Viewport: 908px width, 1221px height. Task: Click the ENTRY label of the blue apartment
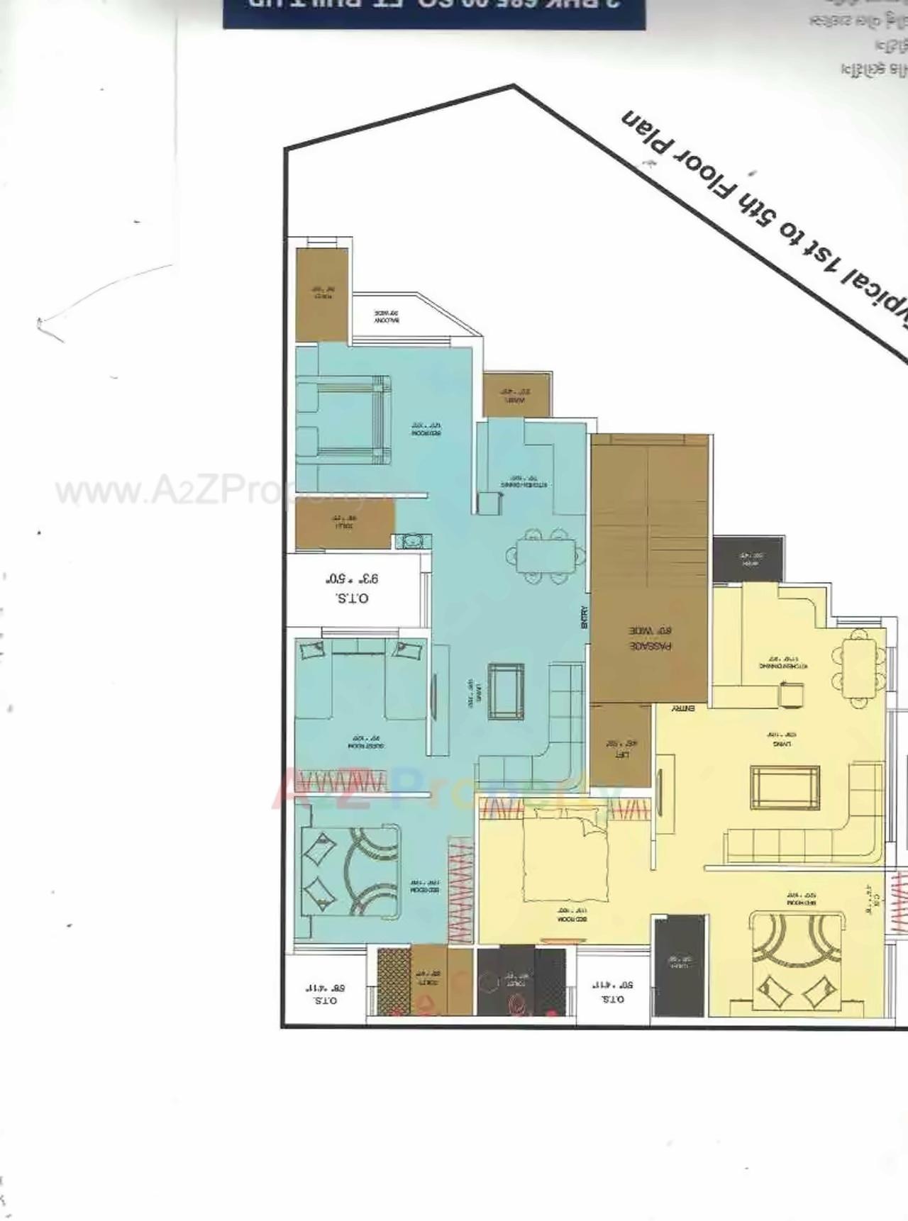point(585,617)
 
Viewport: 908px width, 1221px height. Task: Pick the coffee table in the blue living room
point(506,691)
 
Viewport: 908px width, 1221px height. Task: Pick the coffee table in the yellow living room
point(785,786)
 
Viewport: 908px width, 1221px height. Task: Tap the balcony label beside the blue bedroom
point(387,316)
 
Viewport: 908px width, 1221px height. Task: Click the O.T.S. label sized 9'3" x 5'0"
point(352,589)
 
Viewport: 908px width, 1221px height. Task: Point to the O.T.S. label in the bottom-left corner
point(325,993)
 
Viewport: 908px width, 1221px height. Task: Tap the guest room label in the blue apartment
point(366,742)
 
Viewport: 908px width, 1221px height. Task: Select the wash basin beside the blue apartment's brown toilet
point(411,541)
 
